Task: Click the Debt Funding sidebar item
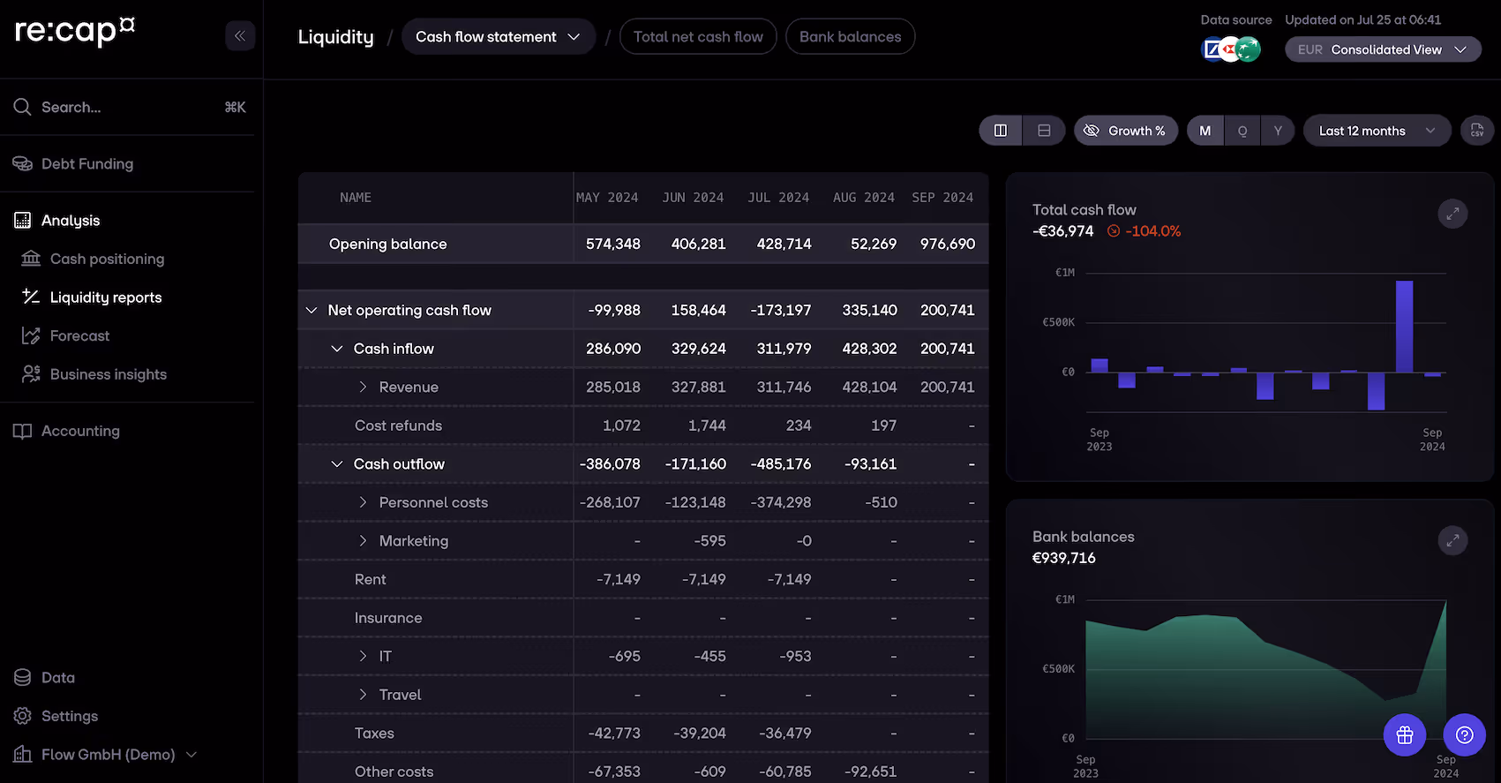click(x=86, y=164)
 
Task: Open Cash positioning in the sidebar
click(x=107, y=259)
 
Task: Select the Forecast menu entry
click(x=79, y=335)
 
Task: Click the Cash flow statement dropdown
click(x=498, y=37)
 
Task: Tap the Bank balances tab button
click(x=850, y=37)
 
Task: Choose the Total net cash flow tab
click(x=697, y=37)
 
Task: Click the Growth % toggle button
click(x=1125, y=131)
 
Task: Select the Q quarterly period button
click(x=1242, y=131)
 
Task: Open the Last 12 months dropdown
click(x=1376, y=131)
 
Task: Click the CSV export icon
click(x=1476, y=131)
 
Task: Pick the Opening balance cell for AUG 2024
click(x=873, y=244)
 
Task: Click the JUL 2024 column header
click(x=778, y=198)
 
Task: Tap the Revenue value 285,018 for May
click(x=612, y=387)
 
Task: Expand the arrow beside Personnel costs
click(x=363, y=502)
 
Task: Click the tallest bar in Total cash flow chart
click(x=1404, y=327)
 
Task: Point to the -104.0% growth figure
click(x=1152, y=231)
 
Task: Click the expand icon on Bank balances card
click(x=1452, y=540)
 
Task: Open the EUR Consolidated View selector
click(x=1382, y=49)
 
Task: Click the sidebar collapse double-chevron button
click(x=240, y=36)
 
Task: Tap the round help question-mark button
click(x=1464, y=734)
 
